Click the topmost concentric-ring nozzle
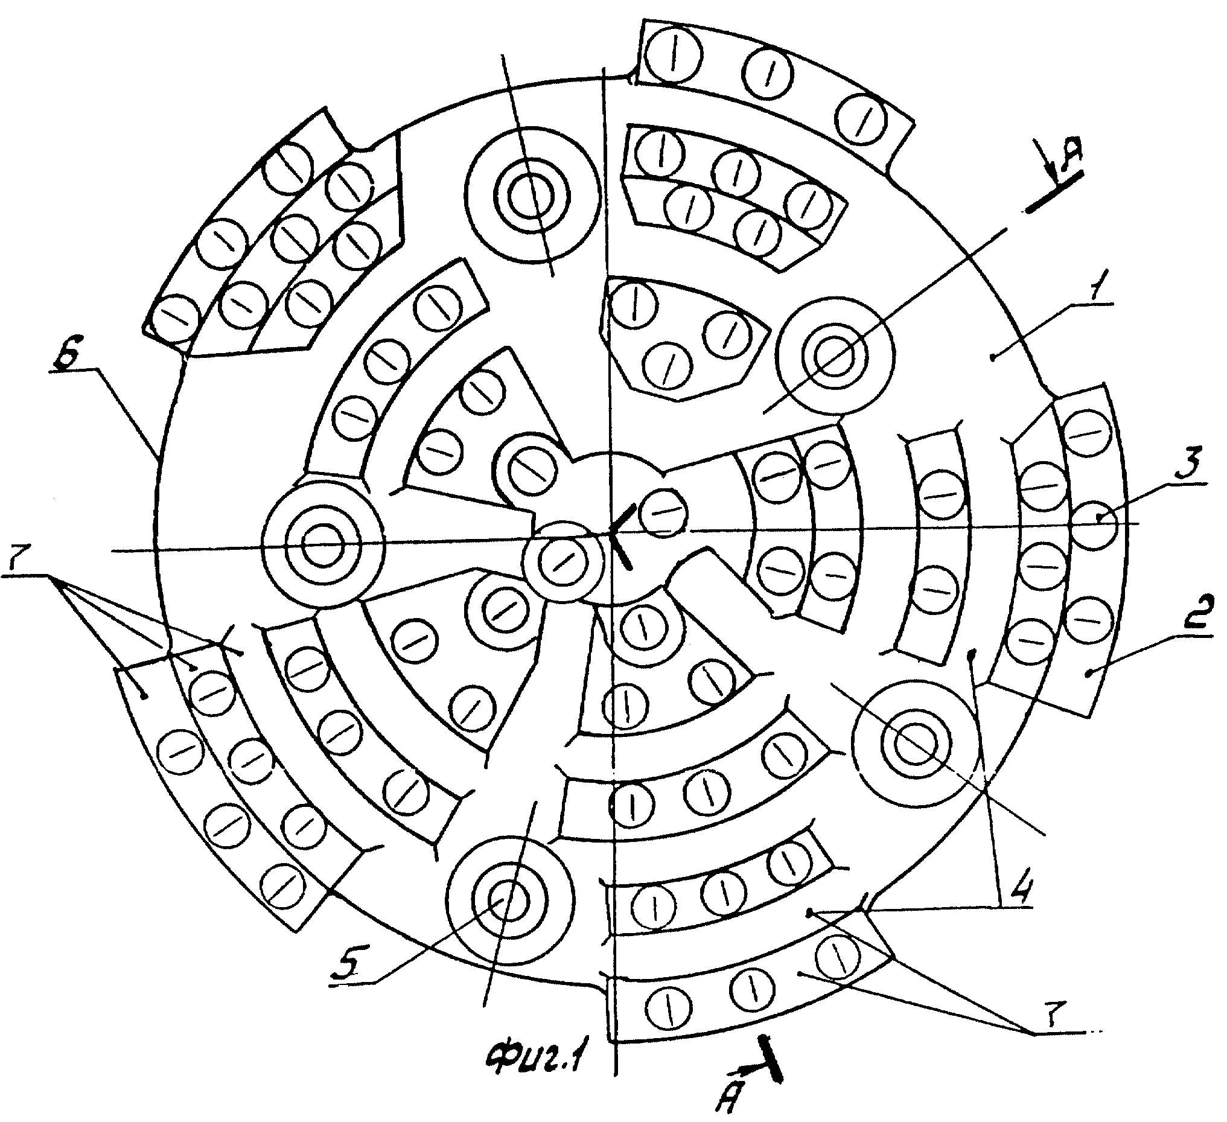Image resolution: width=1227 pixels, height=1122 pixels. tap(532, 195)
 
